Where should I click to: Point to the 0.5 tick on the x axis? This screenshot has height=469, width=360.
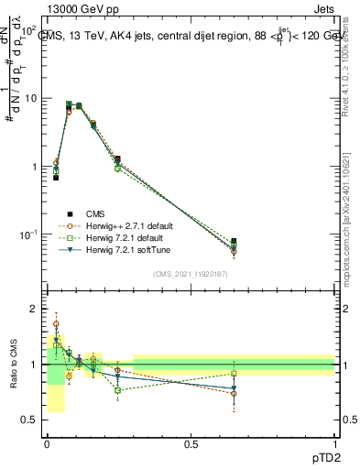tap(191, 443)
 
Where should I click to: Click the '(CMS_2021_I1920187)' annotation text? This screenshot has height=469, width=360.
tap(190, 274)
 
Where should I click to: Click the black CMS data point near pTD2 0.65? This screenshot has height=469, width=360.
tap(235, 242)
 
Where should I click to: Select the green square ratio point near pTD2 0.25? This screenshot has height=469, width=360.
tap(118, 390)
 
